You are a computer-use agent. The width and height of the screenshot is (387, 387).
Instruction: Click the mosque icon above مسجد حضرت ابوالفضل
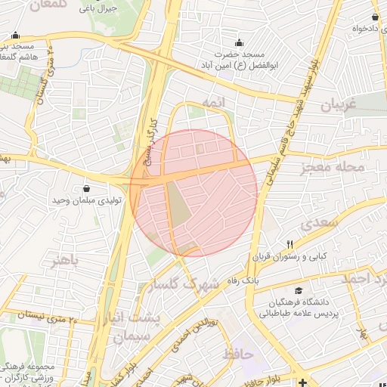240,42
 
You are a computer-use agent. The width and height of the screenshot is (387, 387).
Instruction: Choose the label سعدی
316,224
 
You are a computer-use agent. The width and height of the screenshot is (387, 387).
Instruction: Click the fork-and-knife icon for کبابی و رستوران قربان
289,244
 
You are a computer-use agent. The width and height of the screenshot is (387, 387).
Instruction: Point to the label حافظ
237,353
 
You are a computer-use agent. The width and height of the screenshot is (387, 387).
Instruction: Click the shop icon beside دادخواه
376,17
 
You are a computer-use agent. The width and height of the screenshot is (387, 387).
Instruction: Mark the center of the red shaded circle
194,193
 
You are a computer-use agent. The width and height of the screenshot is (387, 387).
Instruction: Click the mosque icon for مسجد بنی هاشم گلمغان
15,35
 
